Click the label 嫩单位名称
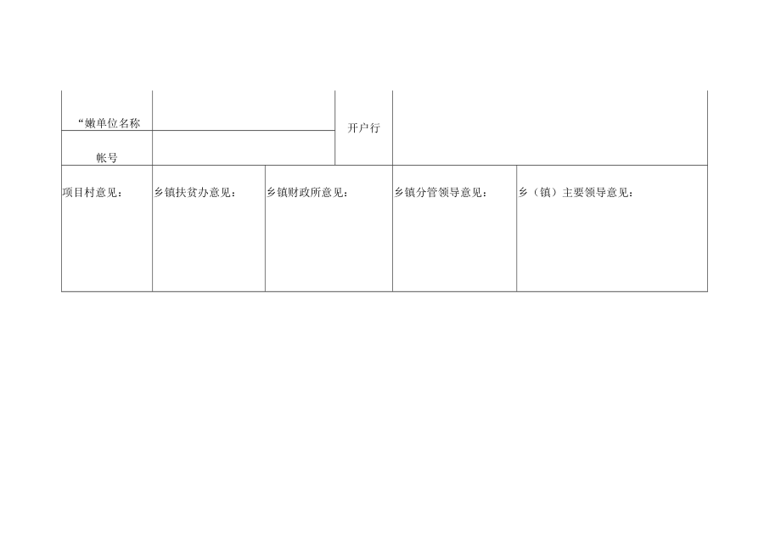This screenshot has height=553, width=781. tap(110, 123)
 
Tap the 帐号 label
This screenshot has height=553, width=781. tap(106, 158)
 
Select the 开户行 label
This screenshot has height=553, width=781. tap(363, 128)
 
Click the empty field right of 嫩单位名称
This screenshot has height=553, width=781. tap(243, 110)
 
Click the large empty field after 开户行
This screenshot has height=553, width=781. tap(549, 127)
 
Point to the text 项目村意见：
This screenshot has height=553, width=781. tap(93, 193)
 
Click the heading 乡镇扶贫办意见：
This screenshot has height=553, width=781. tap(194, 193)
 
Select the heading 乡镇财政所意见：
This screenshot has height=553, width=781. tap(307, 193)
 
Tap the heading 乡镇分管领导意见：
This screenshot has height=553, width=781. tap(440, 193)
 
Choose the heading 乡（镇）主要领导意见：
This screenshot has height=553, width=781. tap(576, 193)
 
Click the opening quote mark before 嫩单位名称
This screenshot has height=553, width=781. tap(81, 121)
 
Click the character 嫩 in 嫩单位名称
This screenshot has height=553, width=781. tap(92, 123)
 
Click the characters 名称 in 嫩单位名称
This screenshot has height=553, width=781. tap(129, 123)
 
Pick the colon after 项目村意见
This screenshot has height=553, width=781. tap(121, 194)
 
